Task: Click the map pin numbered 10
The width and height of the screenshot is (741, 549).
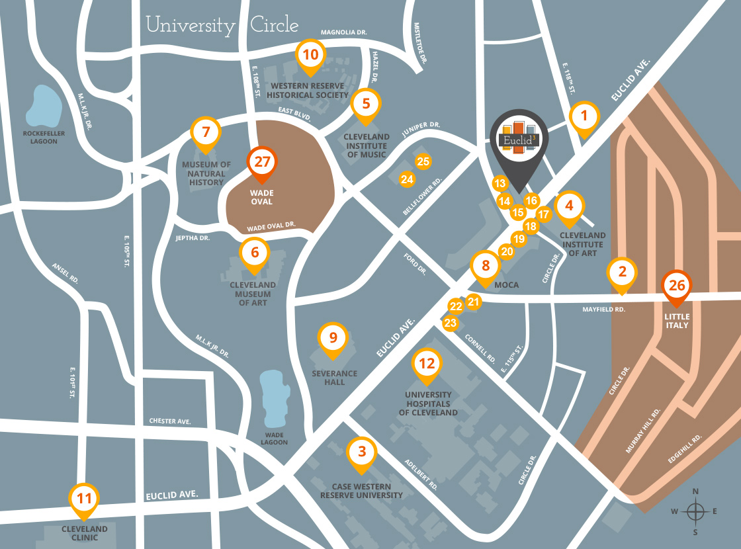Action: click(310, 55)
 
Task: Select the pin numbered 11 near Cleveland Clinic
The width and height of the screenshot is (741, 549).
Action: click(84, 498)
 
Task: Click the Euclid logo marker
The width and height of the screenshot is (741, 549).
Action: click(519, 140)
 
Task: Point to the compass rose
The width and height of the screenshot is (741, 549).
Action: click(695, 511)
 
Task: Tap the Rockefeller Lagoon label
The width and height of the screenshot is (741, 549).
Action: click(44, 136)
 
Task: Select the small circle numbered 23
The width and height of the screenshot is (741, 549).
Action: click(451, 323)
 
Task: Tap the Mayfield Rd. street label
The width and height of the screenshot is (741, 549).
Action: click(603, 309)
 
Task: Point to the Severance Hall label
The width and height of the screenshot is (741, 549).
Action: click(334, 378)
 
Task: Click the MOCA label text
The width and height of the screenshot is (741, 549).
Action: click(506, 285)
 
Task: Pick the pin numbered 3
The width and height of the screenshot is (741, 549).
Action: click(361, 452)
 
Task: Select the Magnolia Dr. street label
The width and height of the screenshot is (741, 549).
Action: click(343, 32)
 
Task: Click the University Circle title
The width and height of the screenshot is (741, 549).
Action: click(222, 26)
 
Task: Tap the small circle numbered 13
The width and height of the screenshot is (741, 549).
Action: click(500, 183)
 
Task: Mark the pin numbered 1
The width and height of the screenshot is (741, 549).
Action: click(584, 117)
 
